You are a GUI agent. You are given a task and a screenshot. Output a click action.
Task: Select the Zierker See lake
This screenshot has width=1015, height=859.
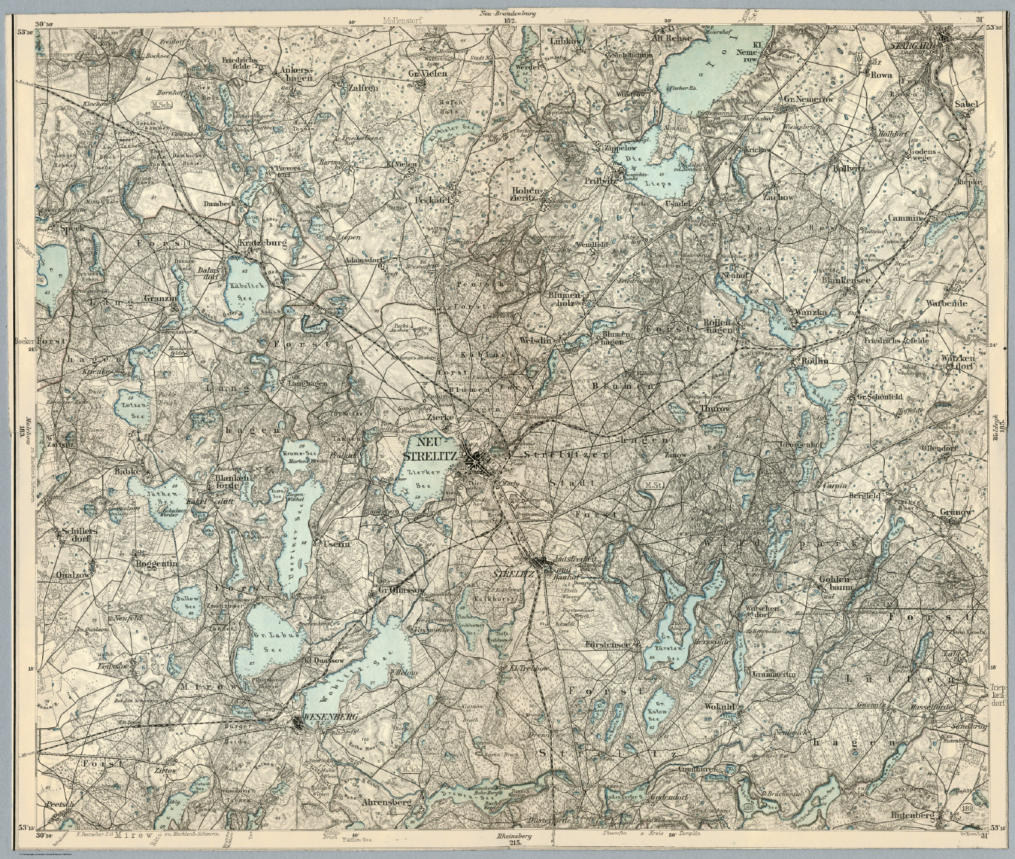419,479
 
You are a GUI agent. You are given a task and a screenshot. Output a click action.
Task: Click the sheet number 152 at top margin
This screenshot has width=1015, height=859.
509,20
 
